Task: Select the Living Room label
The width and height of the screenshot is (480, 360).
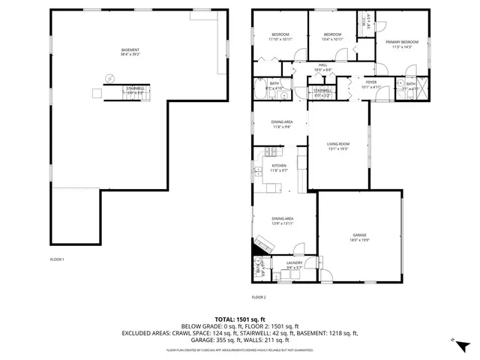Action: coord(338,144)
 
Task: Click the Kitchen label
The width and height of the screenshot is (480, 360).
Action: coord(279,166)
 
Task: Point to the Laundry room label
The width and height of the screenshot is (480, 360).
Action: coord(294,263)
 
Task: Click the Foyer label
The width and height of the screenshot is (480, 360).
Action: coord(371,82)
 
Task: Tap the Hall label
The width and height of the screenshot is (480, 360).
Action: coord(323,65)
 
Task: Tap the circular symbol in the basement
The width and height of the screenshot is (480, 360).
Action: coord(110,78)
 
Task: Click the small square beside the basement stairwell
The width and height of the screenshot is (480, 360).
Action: coord(96,93)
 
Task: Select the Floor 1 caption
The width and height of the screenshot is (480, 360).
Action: coord(57,259)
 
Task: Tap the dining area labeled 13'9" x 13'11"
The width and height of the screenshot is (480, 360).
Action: coord(283,218)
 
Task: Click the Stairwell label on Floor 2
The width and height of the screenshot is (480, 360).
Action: coord(323,91)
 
